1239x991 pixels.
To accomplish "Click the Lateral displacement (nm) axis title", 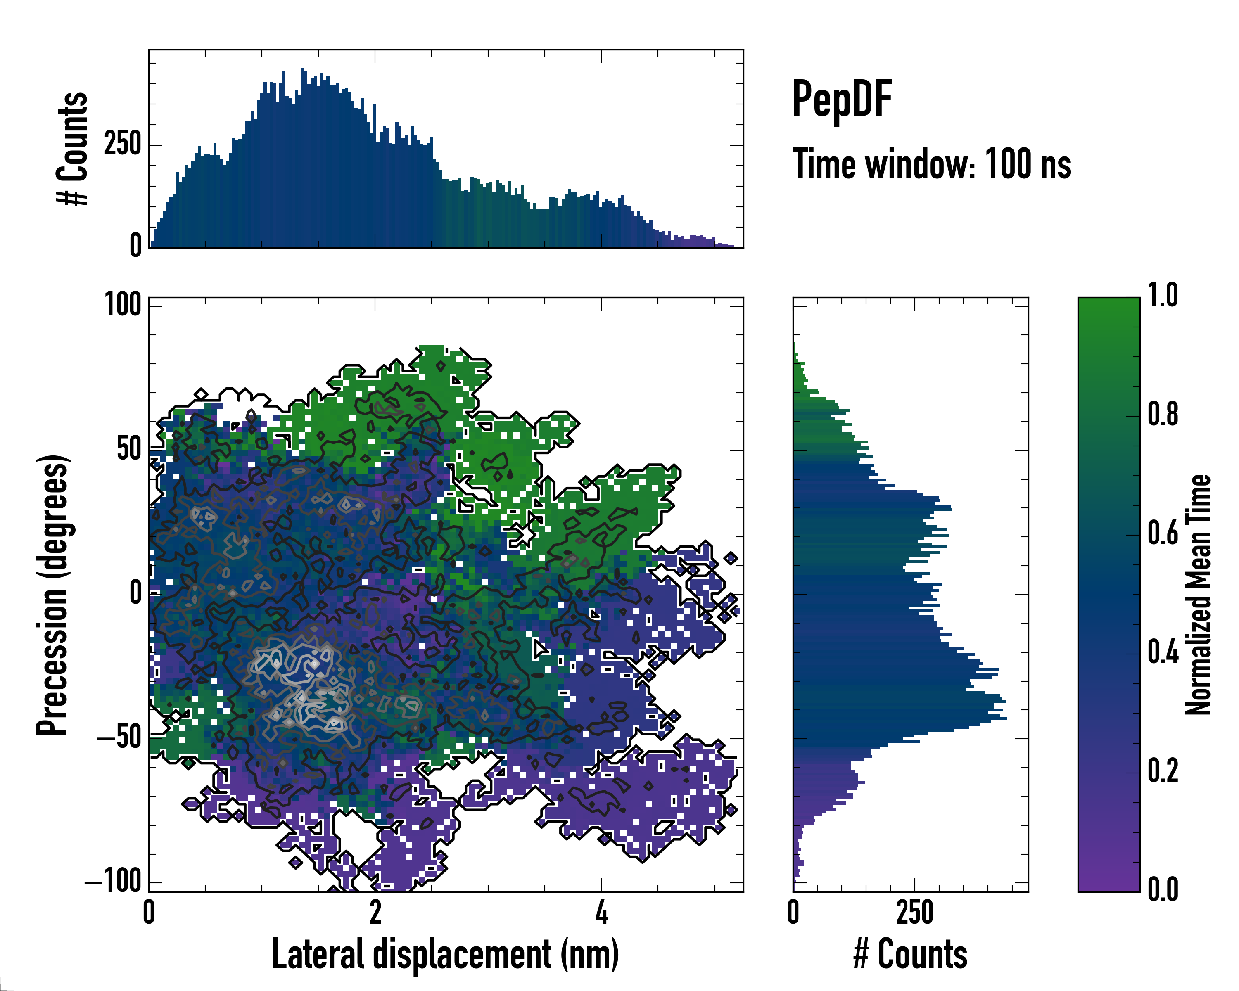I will coord(445,954).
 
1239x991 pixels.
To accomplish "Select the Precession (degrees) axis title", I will coord(53,595).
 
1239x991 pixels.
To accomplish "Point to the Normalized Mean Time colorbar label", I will coord(1198,595).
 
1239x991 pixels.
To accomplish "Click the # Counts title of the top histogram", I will coord(73,149).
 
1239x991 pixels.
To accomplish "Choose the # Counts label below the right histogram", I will coord(910,954).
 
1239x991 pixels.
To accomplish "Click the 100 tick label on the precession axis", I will coord(123,304).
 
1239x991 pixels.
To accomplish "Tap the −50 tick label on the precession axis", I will coord(119,737).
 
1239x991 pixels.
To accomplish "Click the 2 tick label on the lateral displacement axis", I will coord(375,912).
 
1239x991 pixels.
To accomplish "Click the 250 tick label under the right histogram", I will coord(914,912).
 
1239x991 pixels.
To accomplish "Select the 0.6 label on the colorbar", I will coord(1163,533).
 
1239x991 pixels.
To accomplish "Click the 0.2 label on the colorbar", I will coord(1163,771).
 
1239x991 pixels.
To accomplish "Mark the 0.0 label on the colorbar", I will coord(1163,889).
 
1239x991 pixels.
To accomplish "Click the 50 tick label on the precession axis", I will coord(129,449).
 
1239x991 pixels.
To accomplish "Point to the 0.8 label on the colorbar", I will coord(1163,414).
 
